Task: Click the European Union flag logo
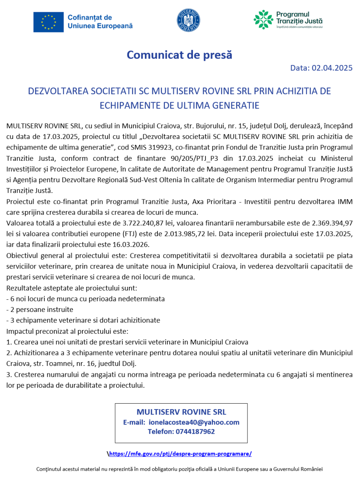tap(49, 22)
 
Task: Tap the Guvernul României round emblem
tap(188, 20)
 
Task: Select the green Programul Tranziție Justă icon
tap(263, 20)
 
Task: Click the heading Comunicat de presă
tap(179, 55)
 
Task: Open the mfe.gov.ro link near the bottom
tap(180, 453)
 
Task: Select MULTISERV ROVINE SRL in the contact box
tap(181, 412)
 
